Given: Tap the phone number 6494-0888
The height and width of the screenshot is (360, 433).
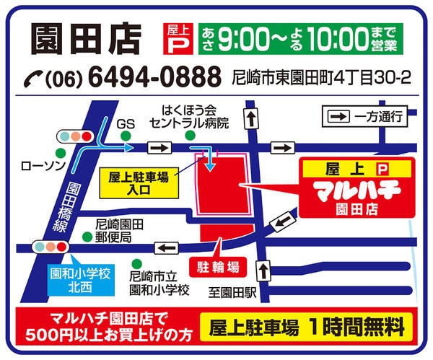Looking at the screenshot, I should point(154,76).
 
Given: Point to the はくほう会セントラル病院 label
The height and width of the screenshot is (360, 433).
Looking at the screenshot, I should point(189,118).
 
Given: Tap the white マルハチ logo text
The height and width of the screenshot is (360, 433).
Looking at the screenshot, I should point(349,192).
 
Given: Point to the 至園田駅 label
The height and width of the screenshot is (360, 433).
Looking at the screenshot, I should point(233,292).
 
